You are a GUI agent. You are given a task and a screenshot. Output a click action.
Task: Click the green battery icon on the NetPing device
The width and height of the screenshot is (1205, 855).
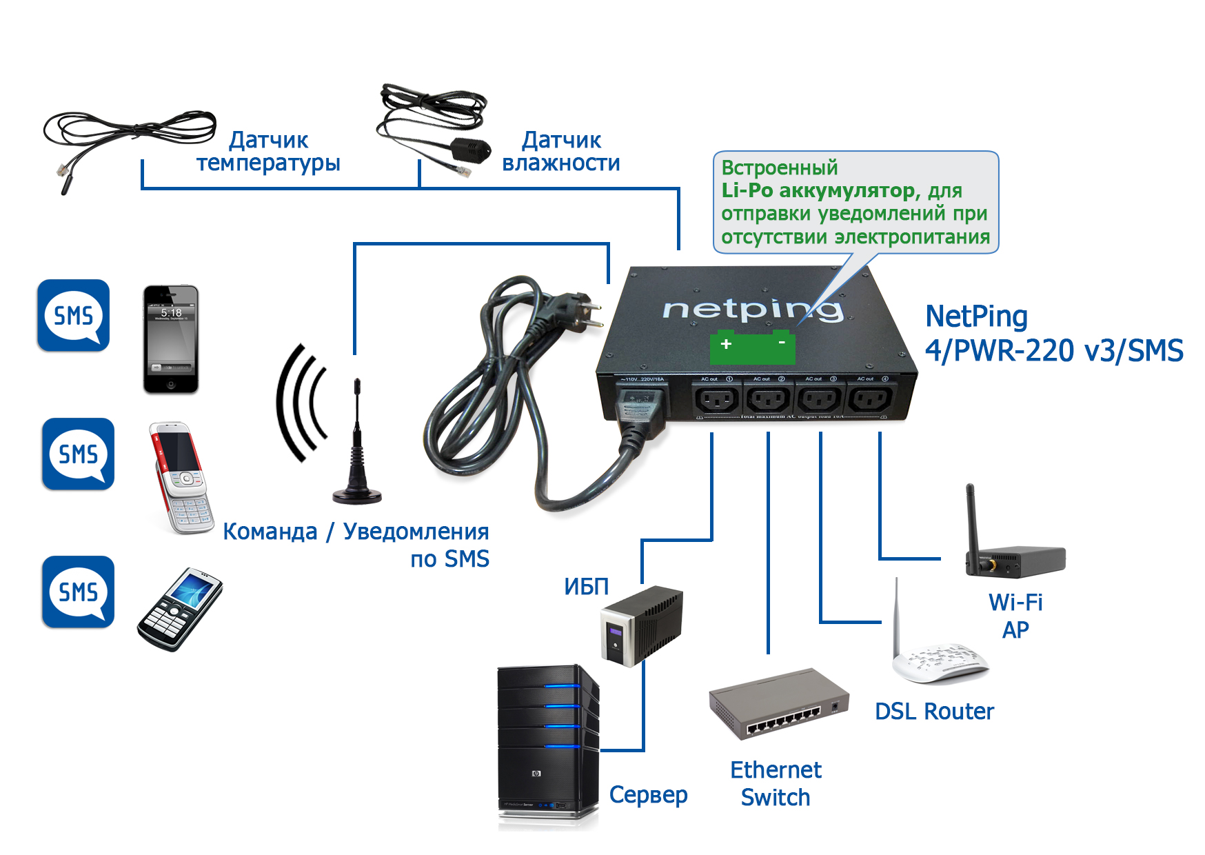[x=753, y=349]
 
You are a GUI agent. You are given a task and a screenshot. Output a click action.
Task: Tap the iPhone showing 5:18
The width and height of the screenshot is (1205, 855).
[x=170, y=339]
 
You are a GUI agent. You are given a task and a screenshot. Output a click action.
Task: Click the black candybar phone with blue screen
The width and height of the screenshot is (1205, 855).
[x=180, y=610]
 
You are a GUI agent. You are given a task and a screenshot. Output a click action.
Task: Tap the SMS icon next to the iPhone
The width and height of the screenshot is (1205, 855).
[x=74, y=316]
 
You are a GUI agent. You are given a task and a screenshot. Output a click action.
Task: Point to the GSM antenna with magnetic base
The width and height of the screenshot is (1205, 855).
[x=356, y=448]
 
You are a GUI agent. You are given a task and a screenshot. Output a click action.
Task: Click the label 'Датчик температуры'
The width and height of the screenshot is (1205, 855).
[x=268, y=152]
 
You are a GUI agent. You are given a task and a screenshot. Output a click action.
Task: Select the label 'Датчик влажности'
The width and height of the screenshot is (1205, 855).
[x=561, y=152]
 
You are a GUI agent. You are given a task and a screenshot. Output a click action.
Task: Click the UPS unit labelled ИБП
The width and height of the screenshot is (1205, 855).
[x=642, y=625]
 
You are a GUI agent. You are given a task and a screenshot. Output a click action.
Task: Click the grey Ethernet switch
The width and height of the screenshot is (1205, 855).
[x=778, y=703]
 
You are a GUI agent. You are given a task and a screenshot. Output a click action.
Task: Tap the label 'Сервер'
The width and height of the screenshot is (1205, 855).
[x=648, y=795]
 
